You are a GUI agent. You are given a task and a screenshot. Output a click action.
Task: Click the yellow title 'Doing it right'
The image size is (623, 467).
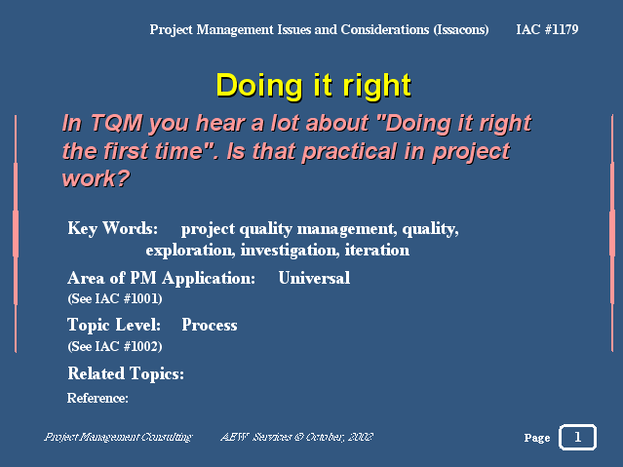pos(314,86)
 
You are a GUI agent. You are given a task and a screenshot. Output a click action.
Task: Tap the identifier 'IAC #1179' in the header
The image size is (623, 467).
pos(547,29)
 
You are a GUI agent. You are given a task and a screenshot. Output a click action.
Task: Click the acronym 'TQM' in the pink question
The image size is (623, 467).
pos(116,123)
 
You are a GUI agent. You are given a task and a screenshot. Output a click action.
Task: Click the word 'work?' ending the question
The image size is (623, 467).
pos(96,178)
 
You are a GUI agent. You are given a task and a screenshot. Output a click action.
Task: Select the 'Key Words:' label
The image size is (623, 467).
pos(112,228)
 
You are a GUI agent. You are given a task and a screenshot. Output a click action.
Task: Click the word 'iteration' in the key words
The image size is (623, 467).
pos(377,250)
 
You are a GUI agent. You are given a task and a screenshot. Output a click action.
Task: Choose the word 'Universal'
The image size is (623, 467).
pos(314,278)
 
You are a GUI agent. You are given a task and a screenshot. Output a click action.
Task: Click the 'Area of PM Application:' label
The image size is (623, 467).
pos(161,278)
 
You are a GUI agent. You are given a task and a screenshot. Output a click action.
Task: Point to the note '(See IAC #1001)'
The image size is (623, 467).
pos(115,298)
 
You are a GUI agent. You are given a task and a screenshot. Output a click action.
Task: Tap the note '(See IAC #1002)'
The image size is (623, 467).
pos(115,346)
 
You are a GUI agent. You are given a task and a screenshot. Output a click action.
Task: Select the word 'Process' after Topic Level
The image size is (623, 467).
pos(210,325)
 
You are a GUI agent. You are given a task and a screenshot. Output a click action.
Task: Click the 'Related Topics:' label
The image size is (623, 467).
pos(126,373)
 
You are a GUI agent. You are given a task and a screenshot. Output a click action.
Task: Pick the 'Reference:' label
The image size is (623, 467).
pos(97,398)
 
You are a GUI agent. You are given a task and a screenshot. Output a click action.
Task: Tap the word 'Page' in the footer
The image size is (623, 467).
pos(537,438)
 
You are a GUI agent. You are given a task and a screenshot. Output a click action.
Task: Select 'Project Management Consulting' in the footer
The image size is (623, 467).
pos(118,437)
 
